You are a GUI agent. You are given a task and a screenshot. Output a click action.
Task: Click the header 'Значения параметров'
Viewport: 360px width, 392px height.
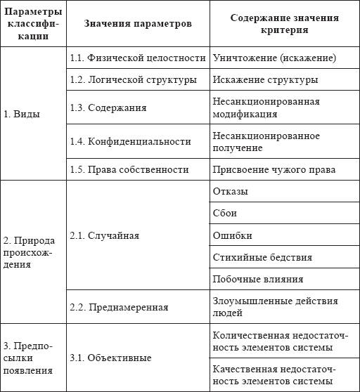click(x=137, y=24)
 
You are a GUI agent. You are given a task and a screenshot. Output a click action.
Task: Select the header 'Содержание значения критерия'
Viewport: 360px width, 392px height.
click(x=284, y=24)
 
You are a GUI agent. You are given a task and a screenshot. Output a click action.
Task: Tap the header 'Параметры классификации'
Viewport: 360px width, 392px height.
click(x=32, y=24)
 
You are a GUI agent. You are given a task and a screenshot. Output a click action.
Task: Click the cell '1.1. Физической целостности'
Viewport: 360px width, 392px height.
click(x=138, y=58)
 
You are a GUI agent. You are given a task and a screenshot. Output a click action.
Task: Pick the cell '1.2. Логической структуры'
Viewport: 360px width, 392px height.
click(x=133, y=79)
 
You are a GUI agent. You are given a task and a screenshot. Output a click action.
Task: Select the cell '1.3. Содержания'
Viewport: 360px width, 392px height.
click(x=108, y=108)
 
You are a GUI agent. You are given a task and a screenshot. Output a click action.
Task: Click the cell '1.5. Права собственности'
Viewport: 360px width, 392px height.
click(x=129, y=169)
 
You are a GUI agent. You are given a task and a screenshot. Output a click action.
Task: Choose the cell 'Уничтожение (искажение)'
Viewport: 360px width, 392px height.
click(x=274, y=58)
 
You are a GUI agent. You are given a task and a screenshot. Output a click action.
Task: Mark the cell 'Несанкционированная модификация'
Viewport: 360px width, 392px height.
click(x=266, y=108)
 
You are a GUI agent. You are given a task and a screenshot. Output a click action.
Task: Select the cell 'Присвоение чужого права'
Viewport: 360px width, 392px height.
click(x=274, y=169)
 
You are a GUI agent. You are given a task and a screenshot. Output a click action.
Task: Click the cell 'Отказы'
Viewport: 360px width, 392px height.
click(x=229, y=191)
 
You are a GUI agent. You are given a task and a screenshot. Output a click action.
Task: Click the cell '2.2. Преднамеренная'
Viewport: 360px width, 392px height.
click(x=118, y=307)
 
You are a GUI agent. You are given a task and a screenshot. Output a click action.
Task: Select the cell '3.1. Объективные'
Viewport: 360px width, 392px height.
click(x=110, y=358)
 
